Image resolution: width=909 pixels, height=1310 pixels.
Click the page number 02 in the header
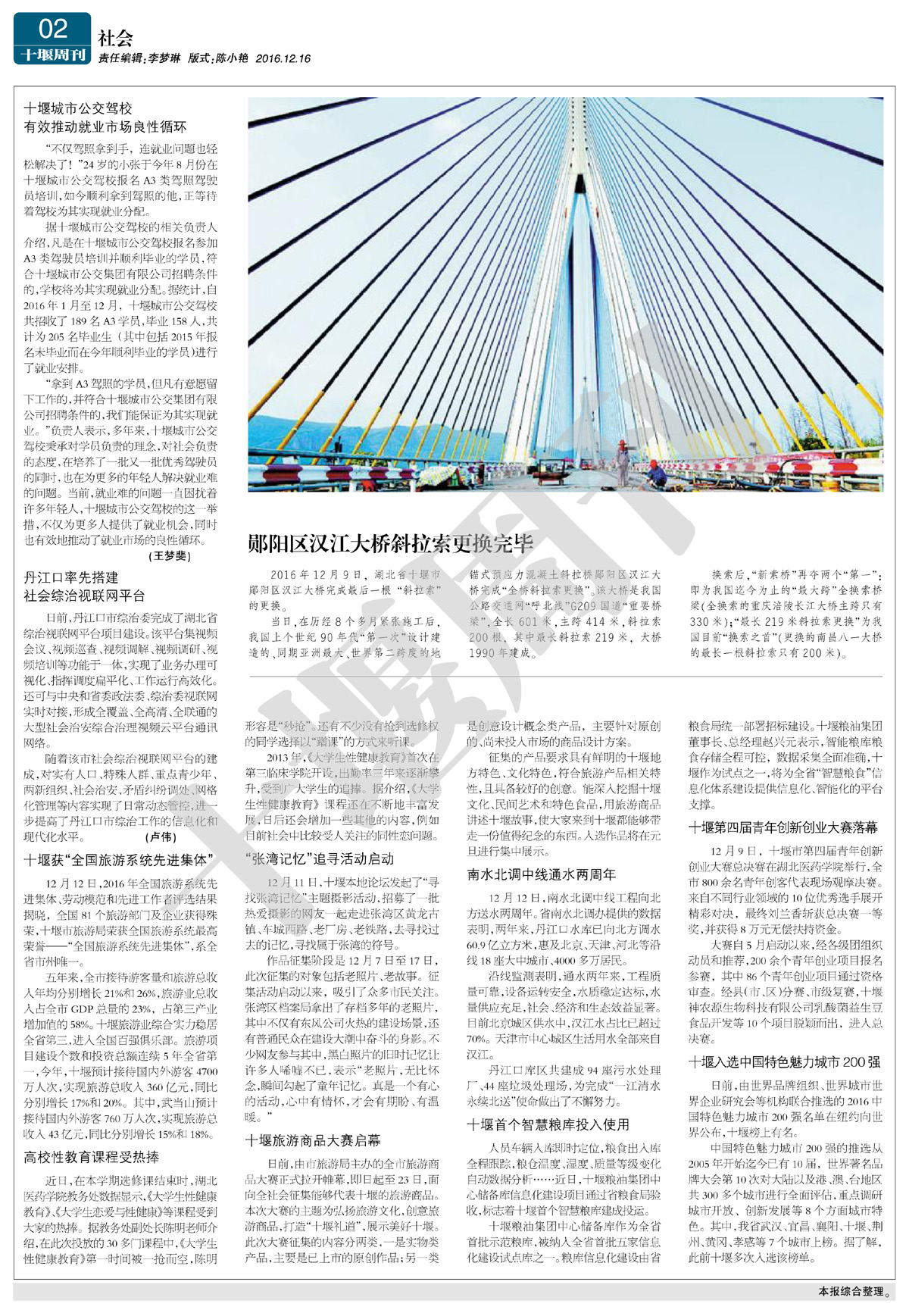[52, 29]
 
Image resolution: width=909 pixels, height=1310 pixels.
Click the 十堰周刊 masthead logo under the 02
[52, 55]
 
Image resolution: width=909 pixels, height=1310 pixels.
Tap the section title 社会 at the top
[115, 38]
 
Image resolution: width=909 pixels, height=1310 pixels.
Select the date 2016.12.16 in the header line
[283, 58]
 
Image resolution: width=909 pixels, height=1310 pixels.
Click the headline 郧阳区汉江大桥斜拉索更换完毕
[391, 543]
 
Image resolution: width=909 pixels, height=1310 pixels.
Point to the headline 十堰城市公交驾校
[78, 109]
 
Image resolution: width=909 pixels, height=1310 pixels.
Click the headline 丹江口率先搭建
[71, 578]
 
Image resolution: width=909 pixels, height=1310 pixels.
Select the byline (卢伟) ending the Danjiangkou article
[161, 837]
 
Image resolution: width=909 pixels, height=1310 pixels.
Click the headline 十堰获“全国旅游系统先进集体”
[119, 860]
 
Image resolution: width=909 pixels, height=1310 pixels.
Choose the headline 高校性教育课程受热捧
[92, 1158]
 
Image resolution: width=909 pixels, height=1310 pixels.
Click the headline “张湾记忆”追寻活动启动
[319, 858]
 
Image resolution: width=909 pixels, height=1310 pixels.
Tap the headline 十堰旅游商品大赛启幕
[313, 1140]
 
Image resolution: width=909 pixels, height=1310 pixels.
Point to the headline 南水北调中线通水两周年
[541, 874]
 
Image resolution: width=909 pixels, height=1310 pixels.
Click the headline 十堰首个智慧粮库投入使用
[548, 1124]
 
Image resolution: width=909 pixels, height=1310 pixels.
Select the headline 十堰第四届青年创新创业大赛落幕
[783, 827]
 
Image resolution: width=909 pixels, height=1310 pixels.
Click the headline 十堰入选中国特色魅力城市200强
[784, 1062]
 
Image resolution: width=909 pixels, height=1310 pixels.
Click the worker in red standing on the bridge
[623, 461]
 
